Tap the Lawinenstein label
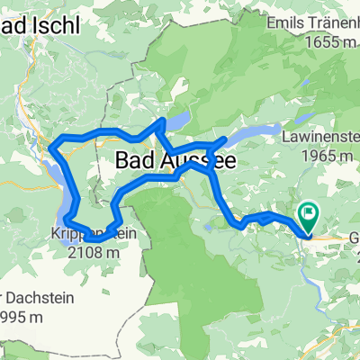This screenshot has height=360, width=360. coord(320,138)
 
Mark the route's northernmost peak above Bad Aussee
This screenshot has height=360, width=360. coord(162,119)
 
